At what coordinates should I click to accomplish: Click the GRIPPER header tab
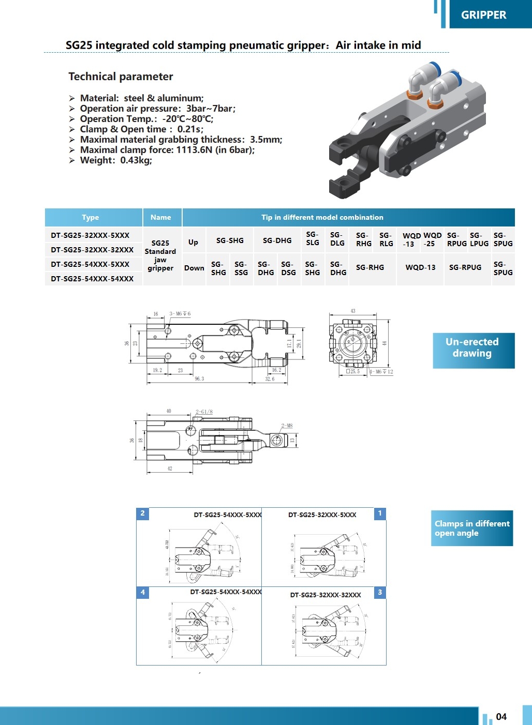(x=483, y=15)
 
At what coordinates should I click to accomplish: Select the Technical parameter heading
(x=121, y=77)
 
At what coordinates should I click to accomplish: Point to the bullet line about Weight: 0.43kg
(x=115, y=160)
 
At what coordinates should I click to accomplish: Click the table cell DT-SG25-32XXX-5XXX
(x=90, y=235)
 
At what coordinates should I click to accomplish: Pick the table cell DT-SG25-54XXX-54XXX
(x=92, y=279)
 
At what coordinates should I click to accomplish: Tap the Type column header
(x=90, y=217)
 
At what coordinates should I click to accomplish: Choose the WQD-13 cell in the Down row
(x=420, y=267)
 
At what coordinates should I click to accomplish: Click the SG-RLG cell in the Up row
(x=386, y=239)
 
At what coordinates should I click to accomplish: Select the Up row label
(x=193, y=242)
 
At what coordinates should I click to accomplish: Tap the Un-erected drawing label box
(x=472, y=348)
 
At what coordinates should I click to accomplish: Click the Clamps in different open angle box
(x=471, y=528)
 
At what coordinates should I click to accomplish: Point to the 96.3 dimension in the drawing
(x=199, y=379)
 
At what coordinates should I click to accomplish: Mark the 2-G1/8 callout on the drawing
(x=204, y=412)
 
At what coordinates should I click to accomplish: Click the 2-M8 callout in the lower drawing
(x=287, y=426)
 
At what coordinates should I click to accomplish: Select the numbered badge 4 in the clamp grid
(x=143, y=592)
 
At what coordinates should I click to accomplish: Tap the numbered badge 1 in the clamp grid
(x=380, y=513)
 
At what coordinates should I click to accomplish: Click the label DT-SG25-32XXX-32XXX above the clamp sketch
(x=326, y=595)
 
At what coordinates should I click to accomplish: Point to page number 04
(x=501, y=717)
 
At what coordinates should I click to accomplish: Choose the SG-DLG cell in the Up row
(x=337, y=239)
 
